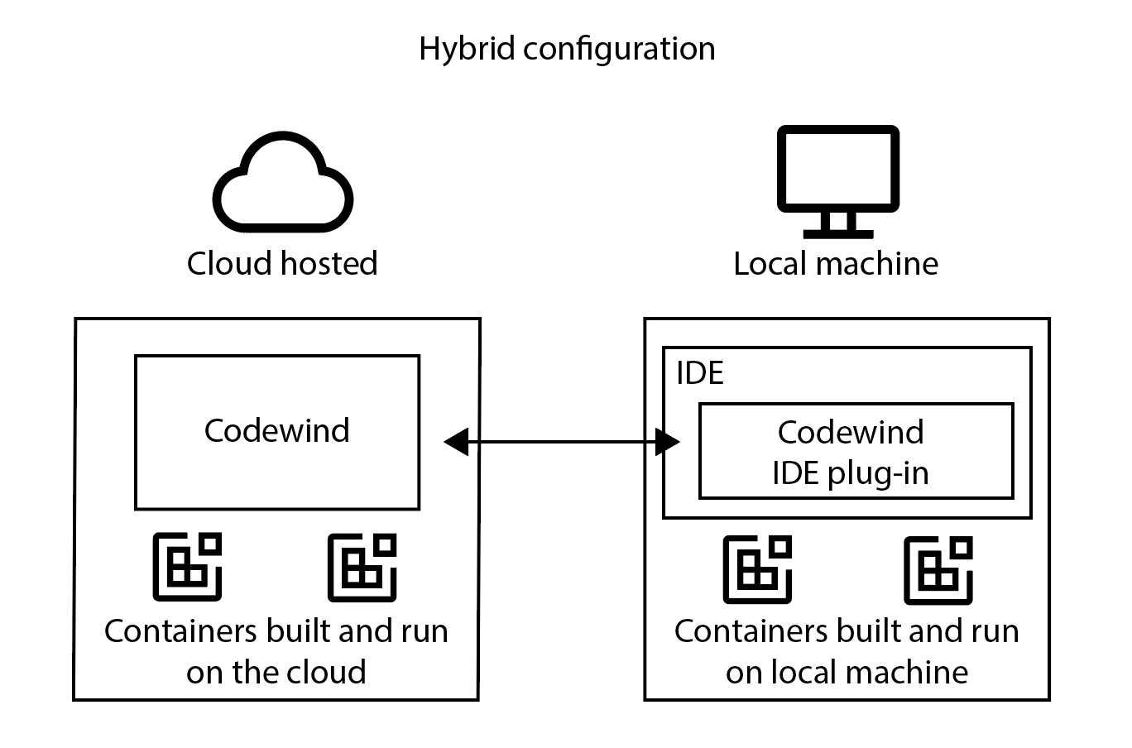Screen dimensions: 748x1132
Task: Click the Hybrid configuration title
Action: (566, 49)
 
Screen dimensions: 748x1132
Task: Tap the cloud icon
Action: (283, 187)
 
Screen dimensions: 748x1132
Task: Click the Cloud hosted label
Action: (282, 264)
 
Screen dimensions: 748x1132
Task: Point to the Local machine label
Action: (836, 264)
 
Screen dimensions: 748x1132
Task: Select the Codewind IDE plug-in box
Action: (856, 452)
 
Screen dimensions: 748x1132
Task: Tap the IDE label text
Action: (699, 373)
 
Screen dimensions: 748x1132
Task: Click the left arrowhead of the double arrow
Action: (456, 443)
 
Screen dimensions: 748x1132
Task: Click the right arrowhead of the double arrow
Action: (668, 443)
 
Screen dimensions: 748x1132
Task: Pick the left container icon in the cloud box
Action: (188, 567)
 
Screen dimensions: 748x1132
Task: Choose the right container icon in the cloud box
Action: (362, 567)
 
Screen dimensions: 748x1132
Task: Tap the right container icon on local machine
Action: (938, 570)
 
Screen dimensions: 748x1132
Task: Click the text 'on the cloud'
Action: (276, 672)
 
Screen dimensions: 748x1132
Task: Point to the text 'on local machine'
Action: (847, 672)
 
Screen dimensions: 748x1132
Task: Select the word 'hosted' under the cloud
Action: (329, 264)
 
